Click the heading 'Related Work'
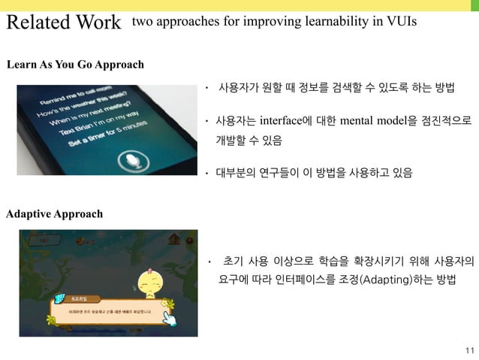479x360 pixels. pyautogui.click(x=63, y=23)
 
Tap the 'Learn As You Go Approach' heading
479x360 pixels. pyautogui.click(x=75, y=65)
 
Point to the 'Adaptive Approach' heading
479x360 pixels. pyautogui.click(x=54, y=214)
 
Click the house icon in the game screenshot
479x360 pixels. pyautogui.click(x=176, y=240)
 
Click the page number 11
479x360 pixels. pyautogui.click(x=469, y=350)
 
